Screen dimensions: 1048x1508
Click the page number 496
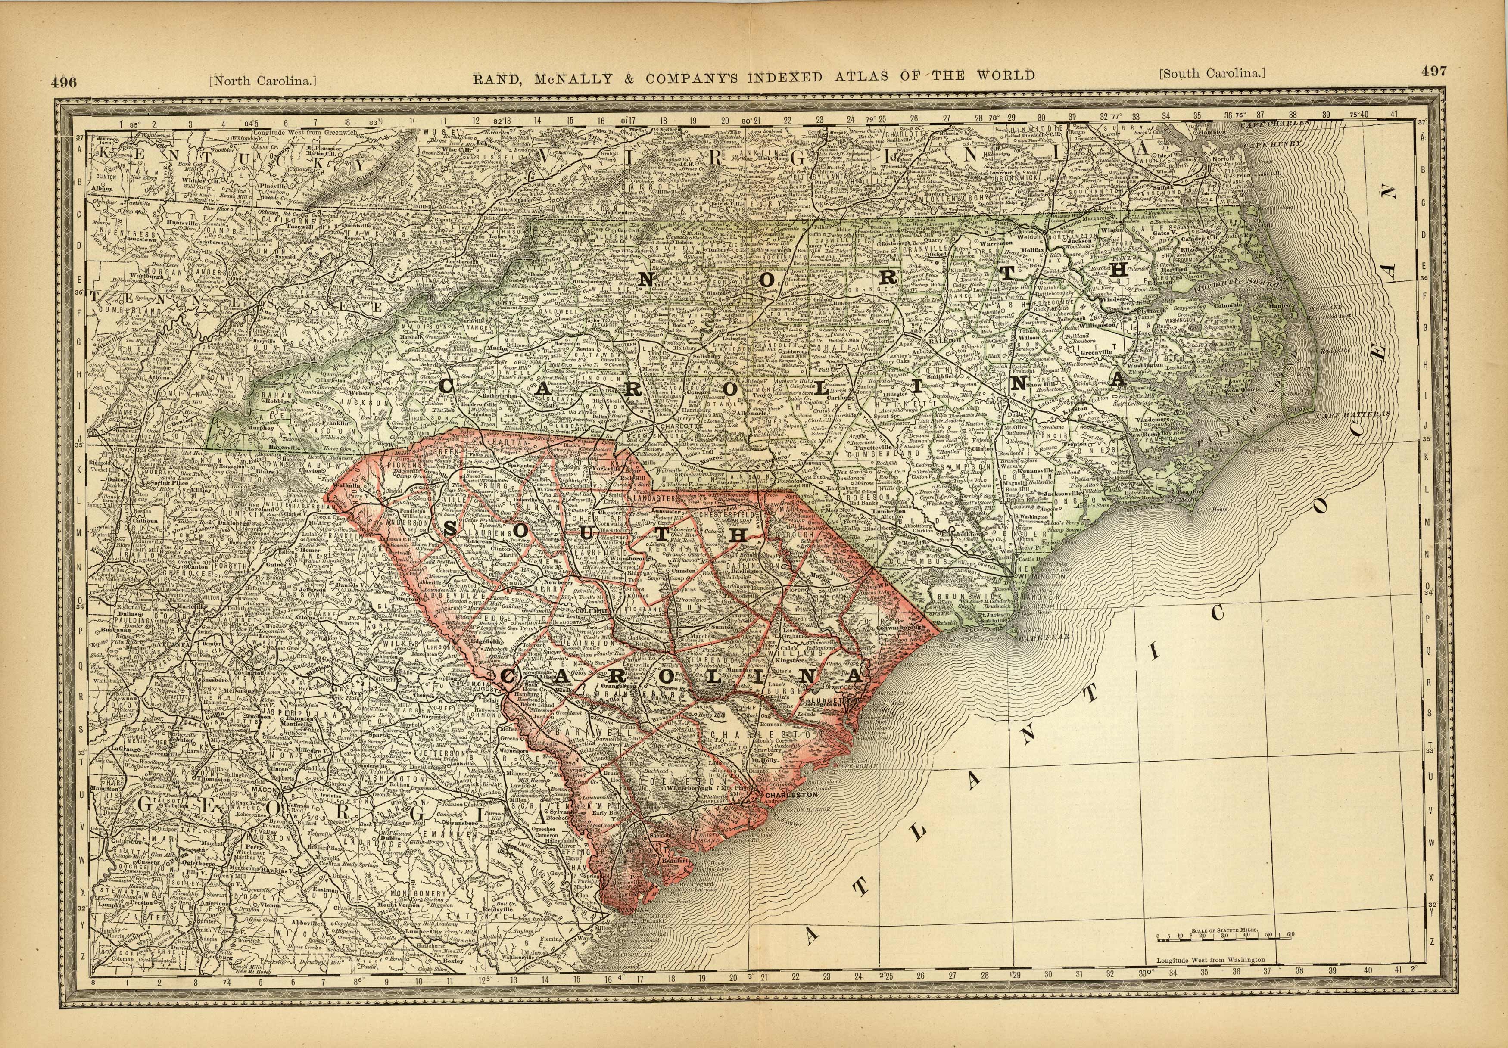64,82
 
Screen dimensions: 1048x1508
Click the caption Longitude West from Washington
1210,960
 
